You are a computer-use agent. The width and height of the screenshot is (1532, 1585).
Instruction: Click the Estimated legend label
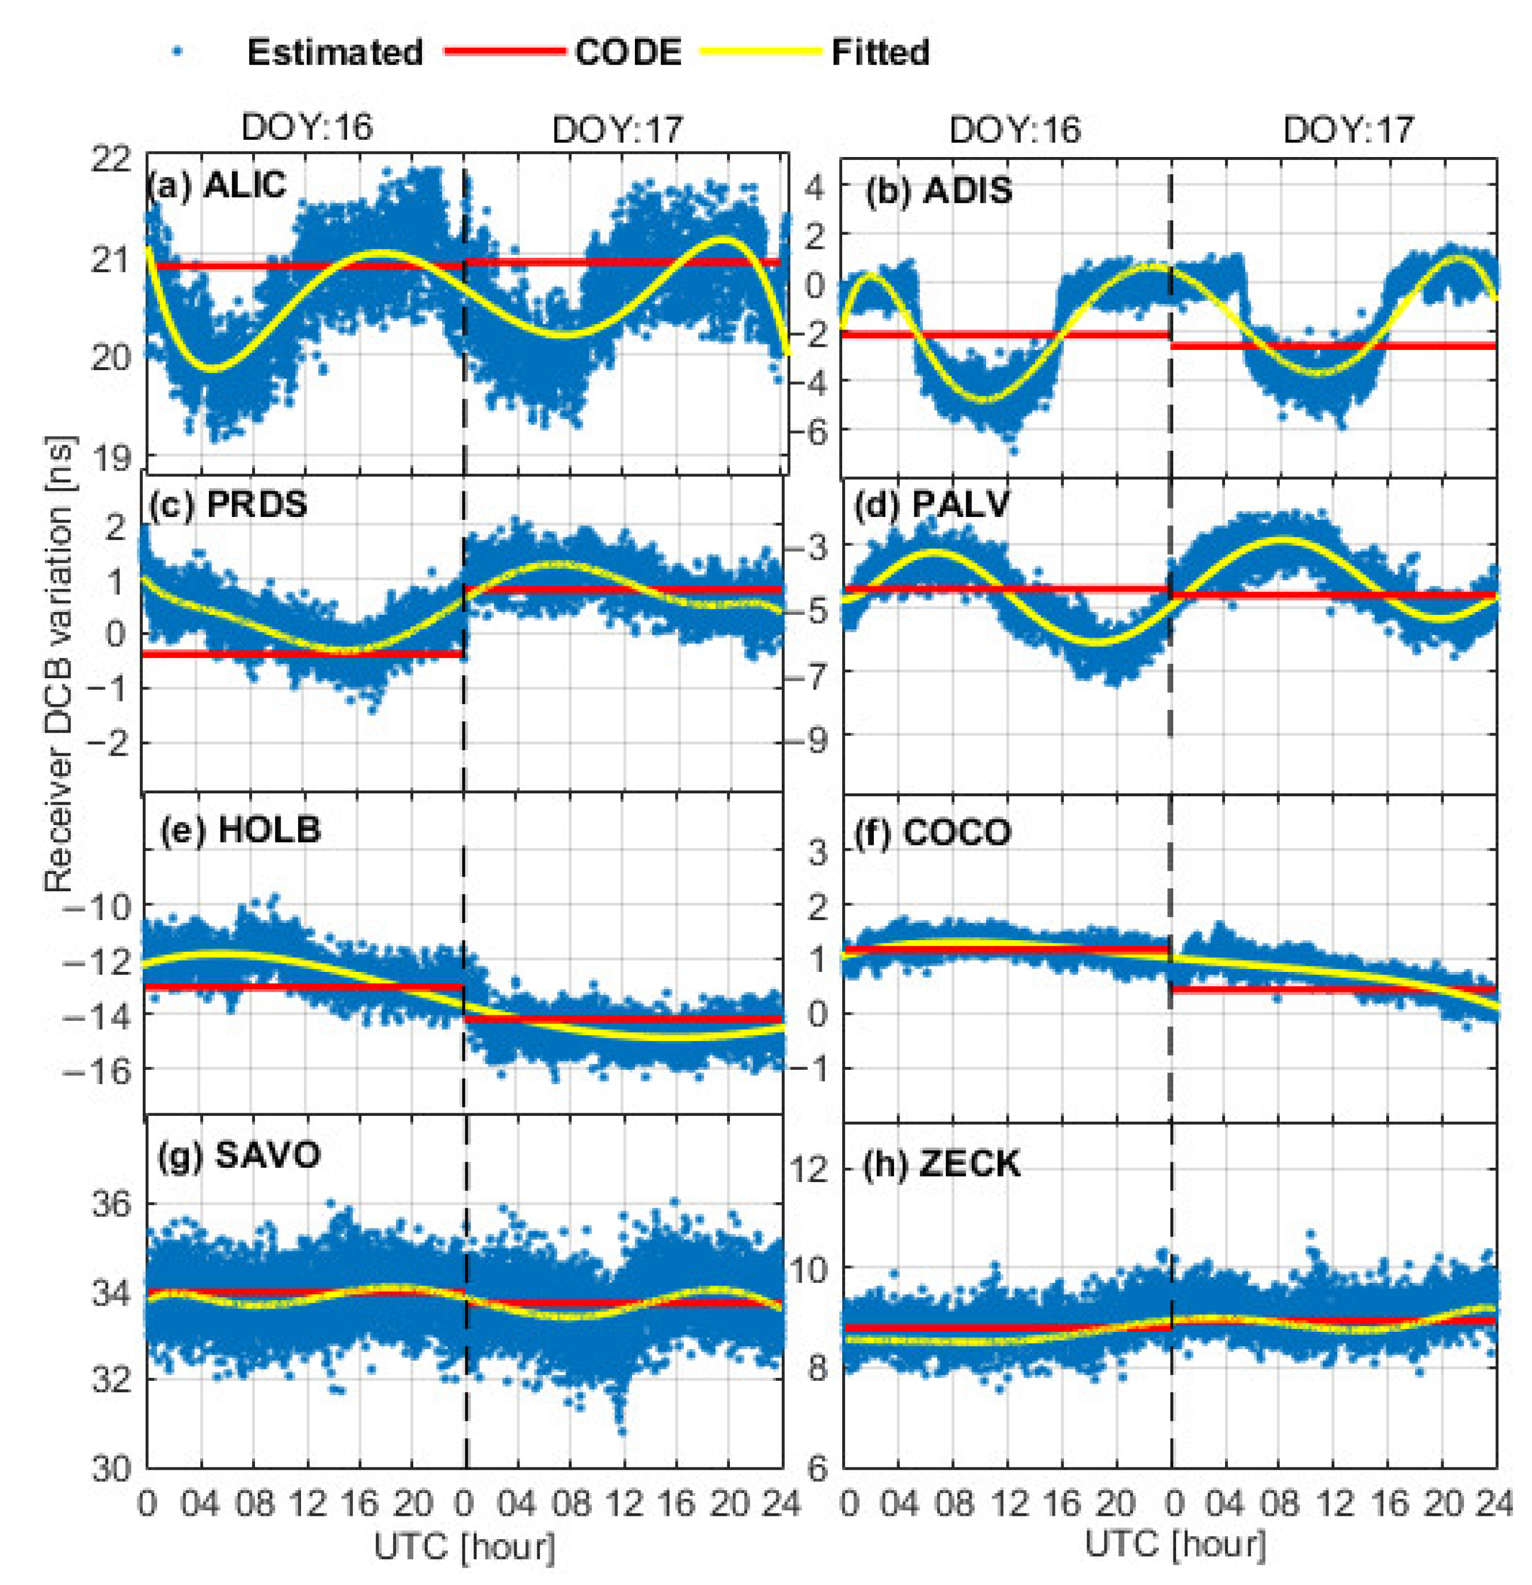[334, 53]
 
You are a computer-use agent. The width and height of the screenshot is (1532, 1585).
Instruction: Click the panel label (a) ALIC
[216, 186]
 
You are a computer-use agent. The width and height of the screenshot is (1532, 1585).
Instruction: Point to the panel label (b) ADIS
[938, 191]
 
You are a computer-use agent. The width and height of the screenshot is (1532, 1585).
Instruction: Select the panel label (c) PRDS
[229, 504]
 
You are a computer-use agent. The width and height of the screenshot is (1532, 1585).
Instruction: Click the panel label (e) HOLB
[240, 830]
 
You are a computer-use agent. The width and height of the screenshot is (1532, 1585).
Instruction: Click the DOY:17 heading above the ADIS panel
[1349, 130]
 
